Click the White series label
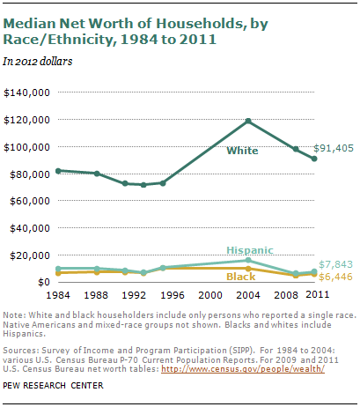242,152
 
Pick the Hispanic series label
250,250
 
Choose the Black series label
241,277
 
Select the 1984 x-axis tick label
58,295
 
